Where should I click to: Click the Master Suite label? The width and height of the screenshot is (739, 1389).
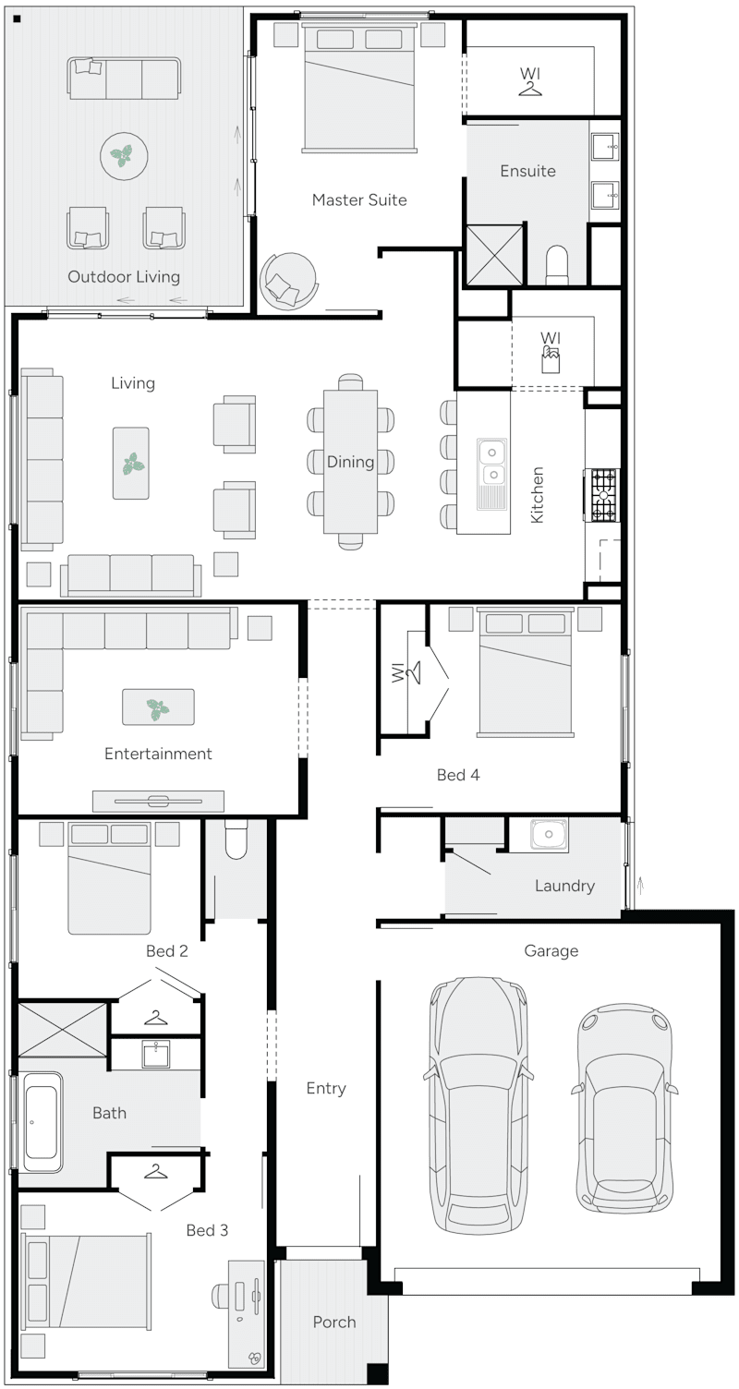(358, 199)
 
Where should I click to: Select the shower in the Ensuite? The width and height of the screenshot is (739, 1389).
(493, 254)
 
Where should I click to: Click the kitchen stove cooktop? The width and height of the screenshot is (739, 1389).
(603, 496)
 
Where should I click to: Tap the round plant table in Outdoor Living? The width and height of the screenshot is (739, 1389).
(124, 157)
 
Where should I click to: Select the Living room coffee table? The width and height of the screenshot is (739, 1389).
(131, 463)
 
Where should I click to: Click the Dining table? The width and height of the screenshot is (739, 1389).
(350, 462)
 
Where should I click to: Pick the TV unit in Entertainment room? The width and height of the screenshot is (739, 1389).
(158, 800)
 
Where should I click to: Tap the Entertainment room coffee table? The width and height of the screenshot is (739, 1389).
(158, 707)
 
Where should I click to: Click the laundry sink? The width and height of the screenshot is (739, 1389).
(549, 835)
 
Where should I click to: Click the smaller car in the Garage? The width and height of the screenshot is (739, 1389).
(625, 1108)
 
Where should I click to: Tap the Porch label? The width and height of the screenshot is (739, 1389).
(333, 1322)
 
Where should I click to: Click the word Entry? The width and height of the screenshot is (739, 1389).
(325, 1088)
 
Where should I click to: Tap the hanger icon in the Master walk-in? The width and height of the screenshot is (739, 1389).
(529, 88)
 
